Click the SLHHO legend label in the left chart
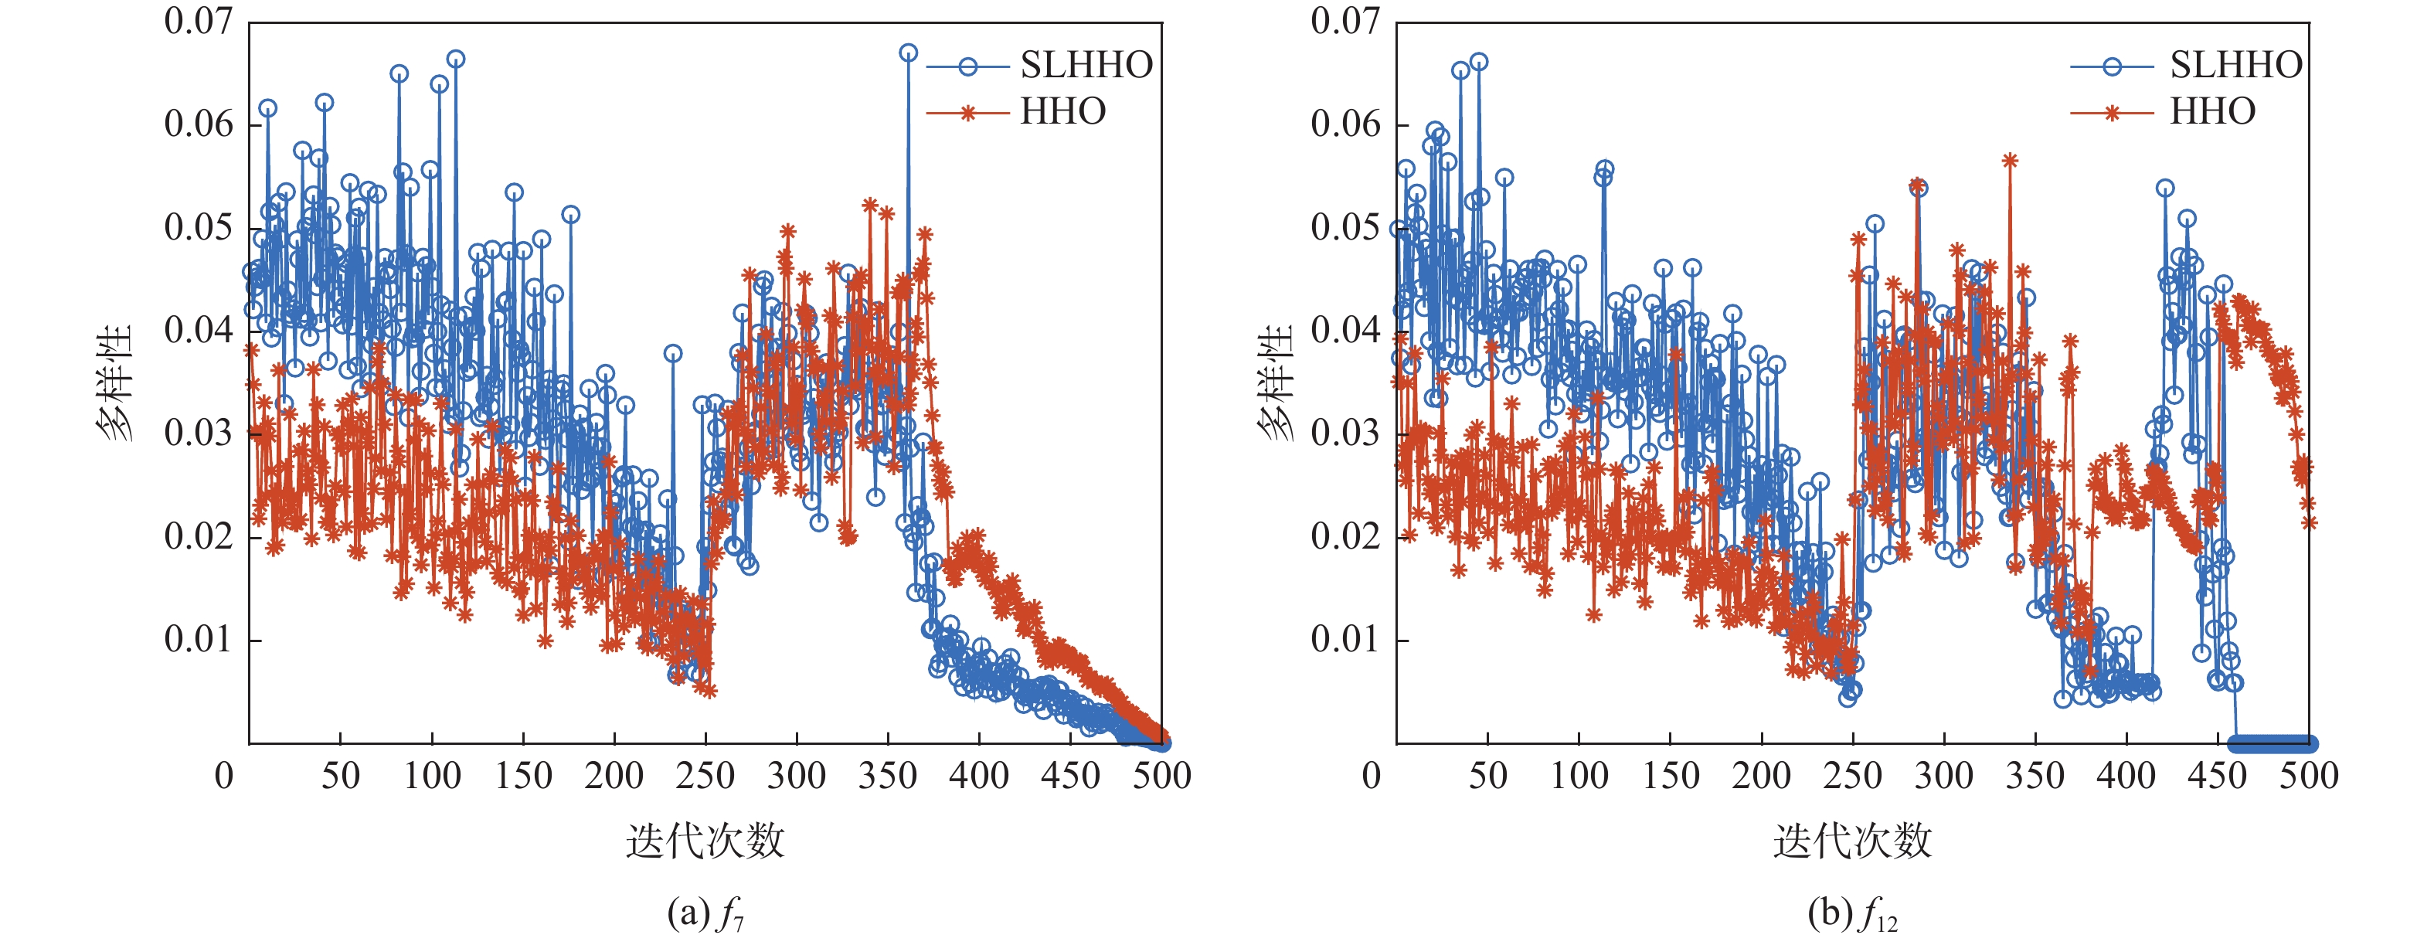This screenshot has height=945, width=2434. [1086, 65]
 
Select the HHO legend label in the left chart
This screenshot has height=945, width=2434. [1063, 111]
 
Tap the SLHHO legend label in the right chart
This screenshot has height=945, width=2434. [2235, 65]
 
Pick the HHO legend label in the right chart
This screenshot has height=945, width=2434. [2212, 111]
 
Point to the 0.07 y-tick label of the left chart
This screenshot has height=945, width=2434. [198, 21]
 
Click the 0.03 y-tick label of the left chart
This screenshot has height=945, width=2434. [198, 433]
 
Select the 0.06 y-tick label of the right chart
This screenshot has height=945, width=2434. [1344, 124]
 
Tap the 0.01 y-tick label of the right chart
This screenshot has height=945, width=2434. [1344, 639]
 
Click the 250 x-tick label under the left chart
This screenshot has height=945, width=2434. [705, 776]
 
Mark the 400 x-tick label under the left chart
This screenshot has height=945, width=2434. [979, 776]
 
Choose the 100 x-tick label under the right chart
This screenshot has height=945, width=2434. [1579, 776]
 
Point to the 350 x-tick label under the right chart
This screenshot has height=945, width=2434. [2035, 776]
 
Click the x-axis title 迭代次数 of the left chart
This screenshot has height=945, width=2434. [705, 840]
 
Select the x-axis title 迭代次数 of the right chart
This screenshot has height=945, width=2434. [1852, 840]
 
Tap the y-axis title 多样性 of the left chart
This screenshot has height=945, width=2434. [114, 382]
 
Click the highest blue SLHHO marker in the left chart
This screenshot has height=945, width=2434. [908, 53]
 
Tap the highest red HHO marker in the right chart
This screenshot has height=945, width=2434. [2010, 161]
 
